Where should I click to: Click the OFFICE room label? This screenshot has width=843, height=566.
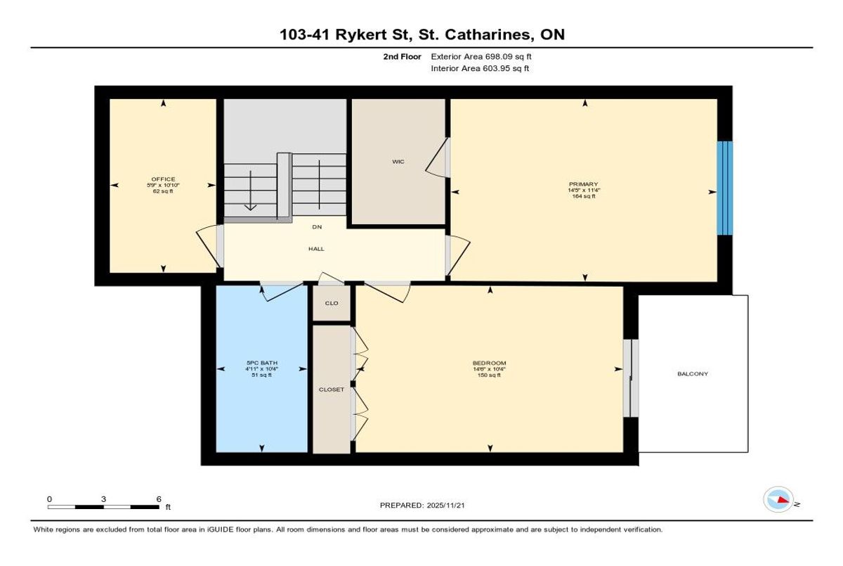(163, 179)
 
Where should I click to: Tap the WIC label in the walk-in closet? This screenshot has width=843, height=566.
(398, 162)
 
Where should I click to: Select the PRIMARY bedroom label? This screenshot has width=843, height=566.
(583, 184)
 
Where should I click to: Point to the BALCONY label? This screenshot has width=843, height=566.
(693, 374)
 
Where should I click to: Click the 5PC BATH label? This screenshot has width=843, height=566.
(262, 363)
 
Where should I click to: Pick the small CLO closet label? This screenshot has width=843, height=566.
(332, 303)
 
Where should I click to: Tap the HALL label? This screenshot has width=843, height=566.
(317, 249)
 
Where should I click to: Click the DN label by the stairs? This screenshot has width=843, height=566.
(317, 227)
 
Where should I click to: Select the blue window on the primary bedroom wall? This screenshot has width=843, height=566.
(725, 188)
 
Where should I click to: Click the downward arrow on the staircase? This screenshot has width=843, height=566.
(251, 190)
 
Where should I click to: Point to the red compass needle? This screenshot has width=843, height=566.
(783, 500)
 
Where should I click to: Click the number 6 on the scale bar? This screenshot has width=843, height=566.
(159, 499)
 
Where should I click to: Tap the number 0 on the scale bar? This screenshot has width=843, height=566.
(49, 499)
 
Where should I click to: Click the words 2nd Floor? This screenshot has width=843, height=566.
(403, 57)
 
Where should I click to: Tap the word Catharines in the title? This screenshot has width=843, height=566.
(489, 34)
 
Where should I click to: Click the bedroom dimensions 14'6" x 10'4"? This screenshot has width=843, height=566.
(489, 369)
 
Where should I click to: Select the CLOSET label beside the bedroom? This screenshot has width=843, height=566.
(332, 390)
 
